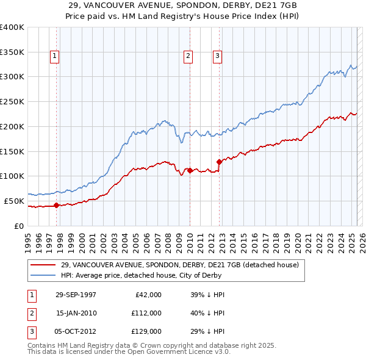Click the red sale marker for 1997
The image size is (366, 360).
coord(57,205)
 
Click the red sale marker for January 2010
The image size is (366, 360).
coord(190,170)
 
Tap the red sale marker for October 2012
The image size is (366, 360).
coord(219,162)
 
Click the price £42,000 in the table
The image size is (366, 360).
coord(147,295)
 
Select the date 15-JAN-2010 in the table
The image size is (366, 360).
coord(76,313)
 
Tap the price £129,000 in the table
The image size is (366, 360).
coord(147,331)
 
